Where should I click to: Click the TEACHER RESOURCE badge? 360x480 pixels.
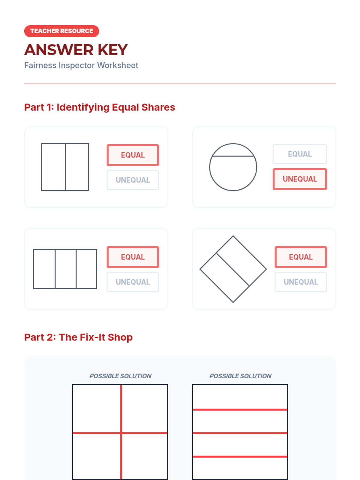pos(61,31)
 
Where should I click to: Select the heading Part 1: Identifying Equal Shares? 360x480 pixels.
pos(100,107)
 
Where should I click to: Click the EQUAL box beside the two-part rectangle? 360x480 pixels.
pos(133,155)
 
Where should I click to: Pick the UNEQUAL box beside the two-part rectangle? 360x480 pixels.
pos(133,180)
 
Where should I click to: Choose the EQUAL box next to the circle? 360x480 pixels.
pos(300,154)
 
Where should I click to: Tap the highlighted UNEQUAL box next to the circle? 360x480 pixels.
pos(300,179)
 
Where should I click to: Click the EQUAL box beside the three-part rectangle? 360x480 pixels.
pos(133,257)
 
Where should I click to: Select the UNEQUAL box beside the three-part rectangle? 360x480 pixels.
pos(133,282)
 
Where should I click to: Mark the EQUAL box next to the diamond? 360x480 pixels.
pos(301,257)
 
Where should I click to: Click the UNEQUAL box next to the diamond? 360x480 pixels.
pos(301,282)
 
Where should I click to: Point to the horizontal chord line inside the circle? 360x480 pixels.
pos(233,156)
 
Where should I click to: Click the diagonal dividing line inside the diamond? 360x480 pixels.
pos(233,269)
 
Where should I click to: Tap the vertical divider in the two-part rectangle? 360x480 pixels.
pos(66,167)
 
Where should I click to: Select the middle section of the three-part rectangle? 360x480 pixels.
pos(66,269)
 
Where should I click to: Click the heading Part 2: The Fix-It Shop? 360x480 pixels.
pos(78,337)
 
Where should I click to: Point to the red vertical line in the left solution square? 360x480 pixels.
pos(121,432)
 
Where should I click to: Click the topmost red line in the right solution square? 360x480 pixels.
pos(240,409)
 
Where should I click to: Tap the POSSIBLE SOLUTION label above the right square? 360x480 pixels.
pos(240,376)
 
